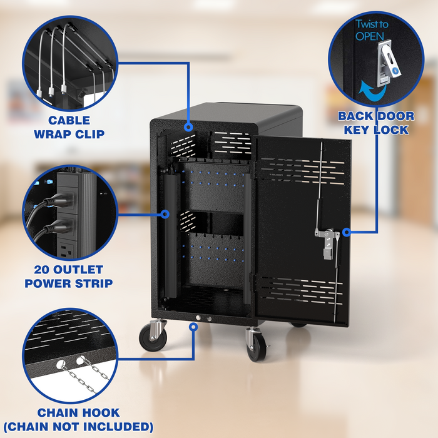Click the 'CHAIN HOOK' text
tap(78, 413)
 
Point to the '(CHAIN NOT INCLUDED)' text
tap(78, 427)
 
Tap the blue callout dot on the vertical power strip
tap(165, 214)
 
